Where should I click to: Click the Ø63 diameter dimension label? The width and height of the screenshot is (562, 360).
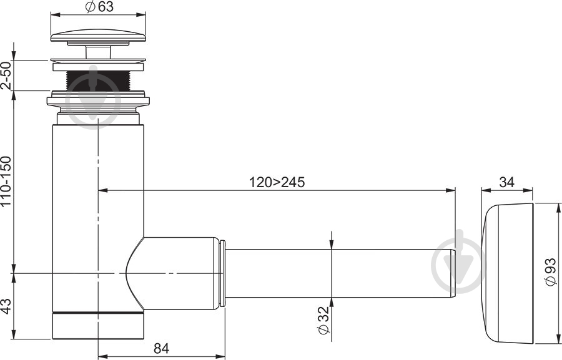pyautogui.click(x=99, y=6)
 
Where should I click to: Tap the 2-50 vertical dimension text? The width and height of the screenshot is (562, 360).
pyautogui.click(x=6, y=75)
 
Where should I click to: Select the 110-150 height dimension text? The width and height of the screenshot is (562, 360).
pyautogui.click(x=6, y=182)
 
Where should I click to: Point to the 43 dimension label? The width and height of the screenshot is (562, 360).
pyautogui.click(x=6, y=306)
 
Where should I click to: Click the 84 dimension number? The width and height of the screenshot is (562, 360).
pyautogui.click(x=161, y=348)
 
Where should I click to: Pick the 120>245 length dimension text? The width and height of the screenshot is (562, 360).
pyautogui.click(x=277, y=182)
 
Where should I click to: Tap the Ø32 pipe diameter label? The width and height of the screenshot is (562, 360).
pyautogui.click(x=323, y=320)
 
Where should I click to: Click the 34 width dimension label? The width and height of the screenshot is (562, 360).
pyautogui.click(x=506, y=182)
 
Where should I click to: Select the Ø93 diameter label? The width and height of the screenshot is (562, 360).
pyautogui.click(x=550, y=271)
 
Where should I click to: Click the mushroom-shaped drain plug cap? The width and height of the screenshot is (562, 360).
pyautogui.click(x=98, y=37)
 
